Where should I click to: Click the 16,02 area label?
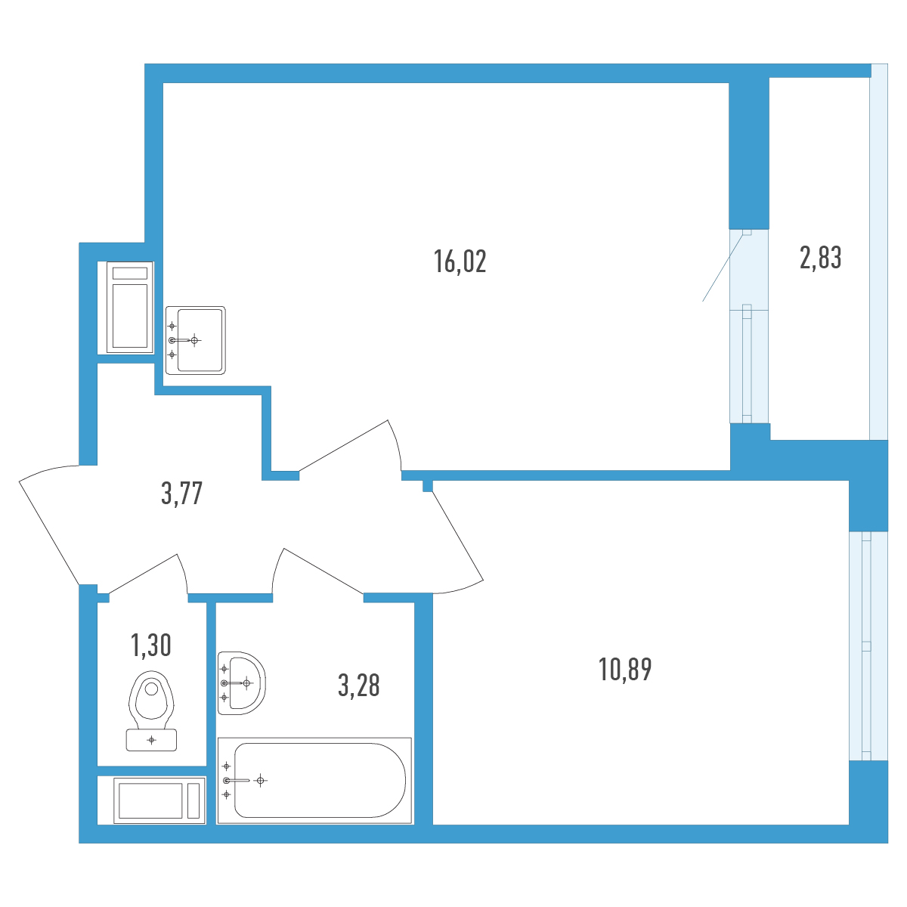[x=460, y=262]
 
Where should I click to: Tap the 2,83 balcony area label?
[x=820, y=258]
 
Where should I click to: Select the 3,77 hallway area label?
[x=181, y=494]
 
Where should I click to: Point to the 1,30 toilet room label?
[x=150, y=645]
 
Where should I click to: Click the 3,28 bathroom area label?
[x=359, y=686]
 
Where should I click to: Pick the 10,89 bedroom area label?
[x=625, y=670]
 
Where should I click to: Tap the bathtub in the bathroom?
[x=314, y=780]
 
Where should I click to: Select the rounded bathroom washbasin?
[x=241, y=683]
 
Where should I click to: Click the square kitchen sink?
[x=195, y=340]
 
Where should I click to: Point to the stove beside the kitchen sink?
[x=130, y=308]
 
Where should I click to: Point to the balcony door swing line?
[x=723, y=266]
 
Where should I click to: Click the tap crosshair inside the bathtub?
[x=260, y=780]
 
